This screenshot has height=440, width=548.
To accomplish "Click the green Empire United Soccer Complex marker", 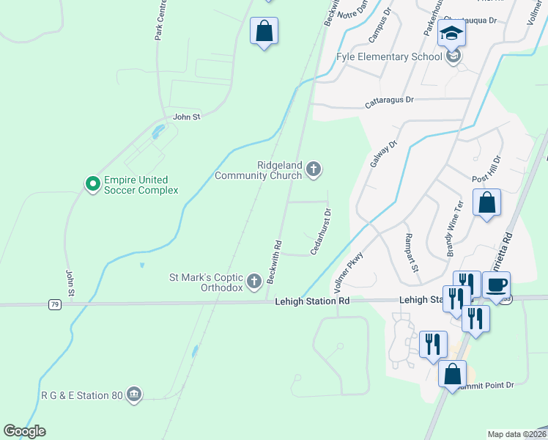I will coord(92,183).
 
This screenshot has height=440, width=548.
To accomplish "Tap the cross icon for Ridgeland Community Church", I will coord(314,170).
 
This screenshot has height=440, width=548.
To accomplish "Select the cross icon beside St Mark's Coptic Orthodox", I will coord(254,281).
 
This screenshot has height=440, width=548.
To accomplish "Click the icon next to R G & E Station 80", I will coord(133,395).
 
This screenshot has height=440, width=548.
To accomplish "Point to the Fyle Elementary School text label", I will coord(388,56).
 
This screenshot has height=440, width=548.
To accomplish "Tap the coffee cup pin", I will coord(496,285).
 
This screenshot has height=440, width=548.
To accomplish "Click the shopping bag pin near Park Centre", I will coord(264,32).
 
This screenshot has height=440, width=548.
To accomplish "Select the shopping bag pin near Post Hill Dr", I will coord(486,203).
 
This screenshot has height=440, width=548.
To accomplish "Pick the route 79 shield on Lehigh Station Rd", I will coord(55,304).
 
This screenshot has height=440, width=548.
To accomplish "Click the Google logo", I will coord(24,431).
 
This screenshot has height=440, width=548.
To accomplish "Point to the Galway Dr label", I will coord(382,155).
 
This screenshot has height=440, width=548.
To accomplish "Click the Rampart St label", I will coord(412,253).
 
